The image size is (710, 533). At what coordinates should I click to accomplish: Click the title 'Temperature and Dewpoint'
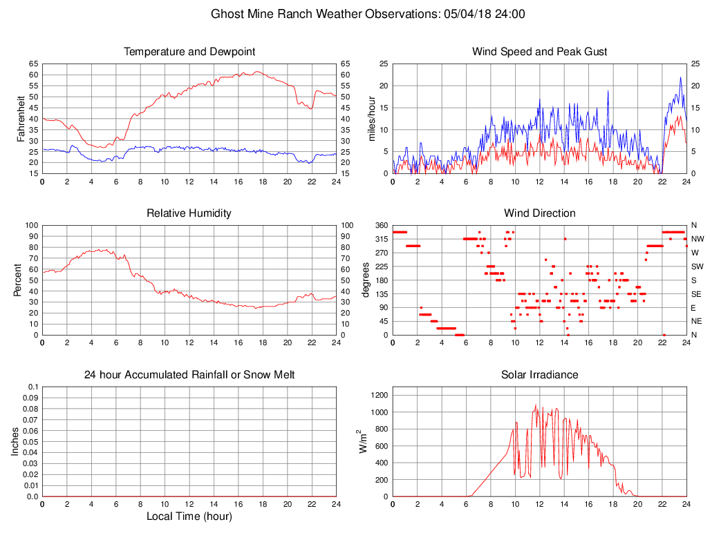pos(189,52)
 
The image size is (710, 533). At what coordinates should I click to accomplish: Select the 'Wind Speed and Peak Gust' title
pos(539,52)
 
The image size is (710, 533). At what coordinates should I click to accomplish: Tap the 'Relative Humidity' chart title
pos(189,213)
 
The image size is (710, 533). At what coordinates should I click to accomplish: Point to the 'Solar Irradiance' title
pos(539,375)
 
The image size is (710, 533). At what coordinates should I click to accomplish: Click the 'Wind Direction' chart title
pos(539,213)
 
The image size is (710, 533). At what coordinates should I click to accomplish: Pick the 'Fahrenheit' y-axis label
pos(21,118)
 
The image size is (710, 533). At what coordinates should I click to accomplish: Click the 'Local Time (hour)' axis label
pos(189,516)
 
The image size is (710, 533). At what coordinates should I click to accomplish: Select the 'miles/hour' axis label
pos(371,118)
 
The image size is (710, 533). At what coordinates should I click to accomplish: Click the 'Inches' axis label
pos(15,441)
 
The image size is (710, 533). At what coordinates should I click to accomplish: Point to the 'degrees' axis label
pos(366,280)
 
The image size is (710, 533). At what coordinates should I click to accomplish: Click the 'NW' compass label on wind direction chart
pos(697,239)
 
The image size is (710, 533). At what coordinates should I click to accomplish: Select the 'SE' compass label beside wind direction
pos(696,293)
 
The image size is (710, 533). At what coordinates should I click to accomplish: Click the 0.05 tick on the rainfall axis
pos(30,441)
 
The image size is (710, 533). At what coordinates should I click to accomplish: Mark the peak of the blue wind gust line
pos(680,77)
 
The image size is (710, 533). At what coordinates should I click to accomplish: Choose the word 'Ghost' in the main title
pos(227,14)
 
